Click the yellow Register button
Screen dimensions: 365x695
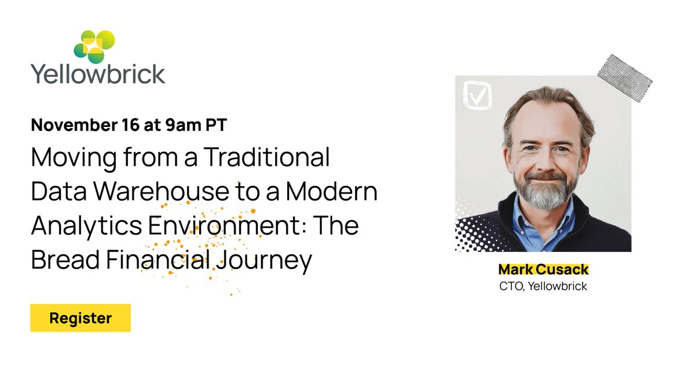point(81,318)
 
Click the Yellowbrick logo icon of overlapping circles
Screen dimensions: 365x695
point(94,46)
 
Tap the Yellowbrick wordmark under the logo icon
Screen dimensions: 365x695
point(98,74)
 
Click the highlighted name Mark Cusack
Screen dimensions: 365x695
point(543,270)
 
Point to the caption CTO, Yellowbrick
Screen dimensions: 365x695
point(543,286)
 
